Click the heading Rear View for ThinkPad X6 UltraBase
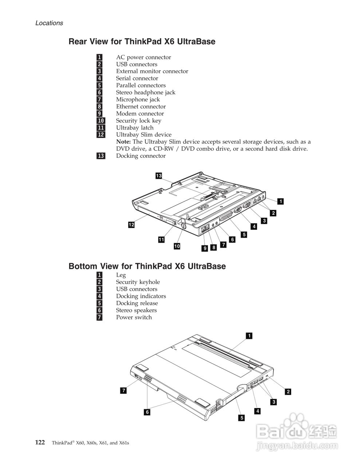(x=142, y=42)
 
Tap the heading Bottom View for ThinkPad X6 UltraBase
(x=147, y=266)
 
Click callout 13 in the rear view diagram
(x=159, y=176)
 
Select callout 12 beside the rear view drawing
(x=131, y=225)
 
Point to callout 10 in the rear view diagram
(x=177, y=246)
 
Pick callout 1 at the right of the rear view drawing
(x=281, y=201)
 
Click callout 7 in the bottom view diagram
(x=123, y=391)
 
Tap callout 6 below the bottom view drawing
(x=147, y=412)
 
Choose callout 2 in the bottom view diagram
(x=288, y=392)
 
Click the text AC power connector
(x=143, y=57)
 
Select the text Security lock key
(x=138, y=121)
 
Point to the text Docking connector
(x=141, y=156)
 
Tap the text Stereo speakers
(x=136, y=310)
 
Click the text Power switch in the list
(x=134, y=317)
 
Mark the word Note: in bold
(x=123, y=142)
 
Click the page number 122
(x=40, y=443)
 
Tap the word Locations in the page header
(x=49, y=23)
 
